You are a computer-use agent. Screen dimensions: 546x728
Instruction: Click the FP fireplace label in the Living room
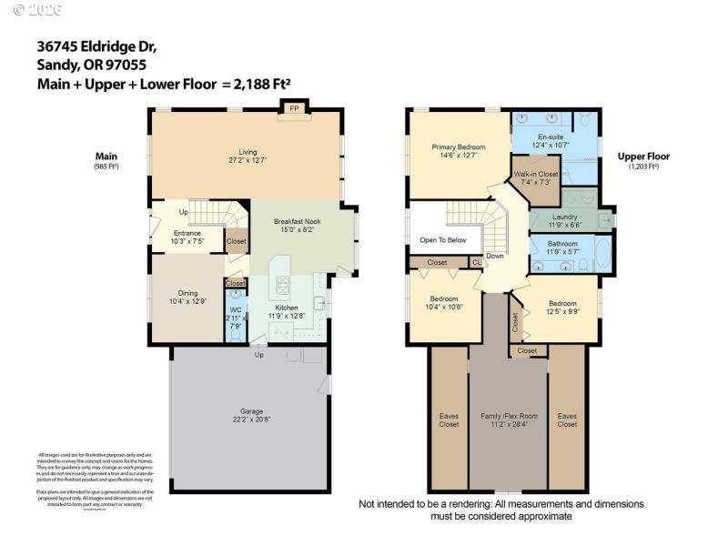294,109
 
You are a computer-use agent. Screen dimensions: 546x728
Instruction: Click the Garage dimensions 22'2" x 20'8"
252,420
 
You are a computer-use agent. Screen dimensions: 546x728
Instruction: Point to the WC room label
235,310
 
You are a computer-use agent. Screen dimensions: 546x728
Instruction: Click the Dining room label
187,293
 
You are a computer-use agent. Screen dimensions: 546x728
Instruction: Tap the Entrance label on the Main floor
187,233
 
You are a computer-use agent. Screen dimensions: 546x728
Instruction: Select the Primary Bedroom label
458,147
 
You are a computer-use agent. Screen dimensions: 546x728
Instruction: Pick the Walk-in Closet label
536,173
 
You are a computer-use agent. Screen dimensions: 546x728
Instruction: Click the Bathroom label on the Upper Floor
562,244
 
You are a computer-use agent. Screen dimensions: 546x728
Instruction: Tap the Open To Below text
443,240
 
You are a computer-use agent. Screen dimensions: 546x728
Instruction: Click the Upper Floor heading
645,157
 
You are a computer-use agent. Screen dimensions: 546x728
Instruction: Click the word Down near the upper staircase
494,256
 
